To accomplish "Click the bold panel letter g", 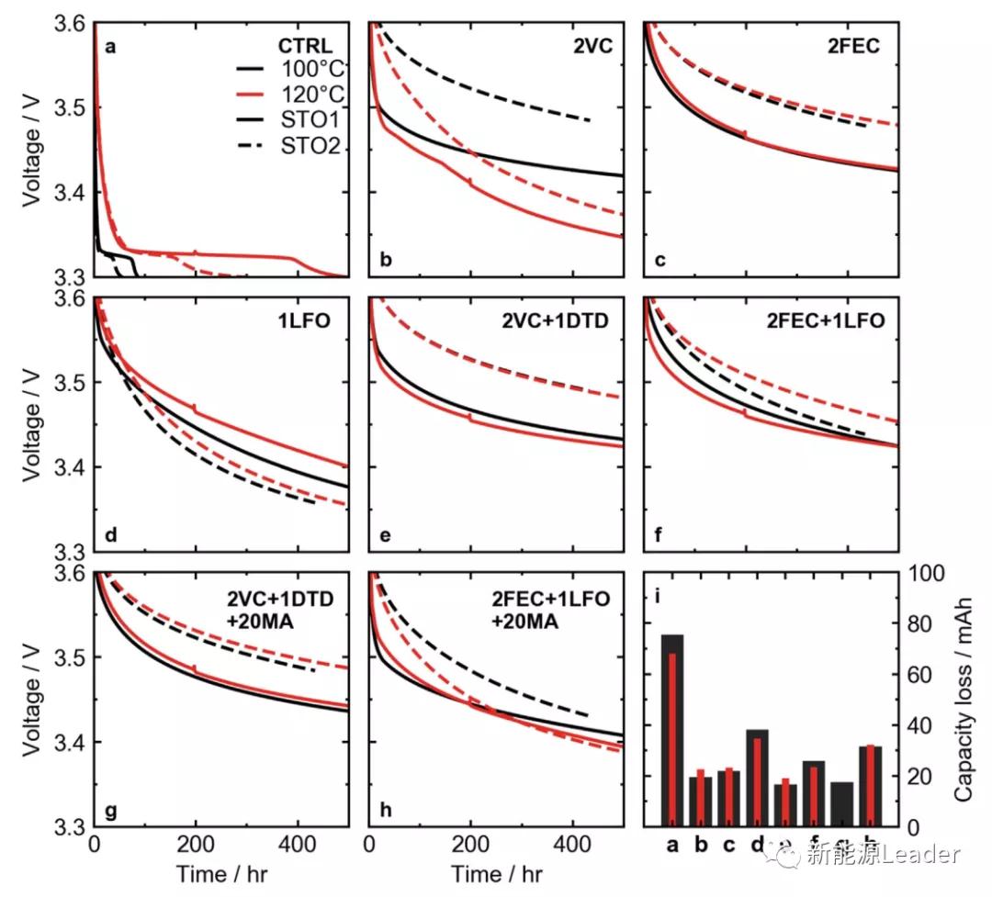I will click(x=110, y=810).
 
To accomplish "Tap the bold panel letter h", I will click(x=386, y=810).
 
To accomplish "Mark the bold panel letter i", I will click(x=658, y=598).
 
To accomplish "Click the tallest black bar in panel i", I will click(x=672, y=730).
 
